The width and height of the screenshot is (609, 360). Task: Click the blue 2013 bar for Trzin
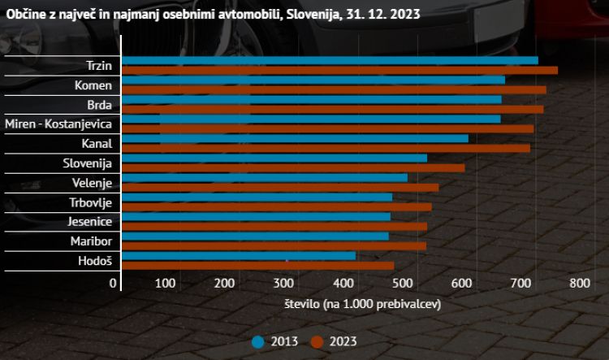click(x=329, y=60)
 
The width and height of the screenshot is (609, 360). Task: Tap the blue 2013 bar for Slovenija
click(x=274, y=158)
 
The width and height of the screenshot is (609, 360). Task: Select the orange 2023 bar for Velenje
click(x=279, y=187)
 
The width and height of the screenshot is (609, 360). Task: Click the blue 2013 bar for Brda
click(x=311, y=99)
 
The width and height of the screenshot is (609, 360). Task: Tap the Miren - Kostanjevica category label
click(x=58, y=124)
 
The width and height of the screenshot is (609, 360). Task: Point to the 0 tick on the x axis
click(x=113, y=283)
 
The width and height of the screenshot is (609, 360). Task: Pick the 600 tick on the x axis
click(x=460, y=283)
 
